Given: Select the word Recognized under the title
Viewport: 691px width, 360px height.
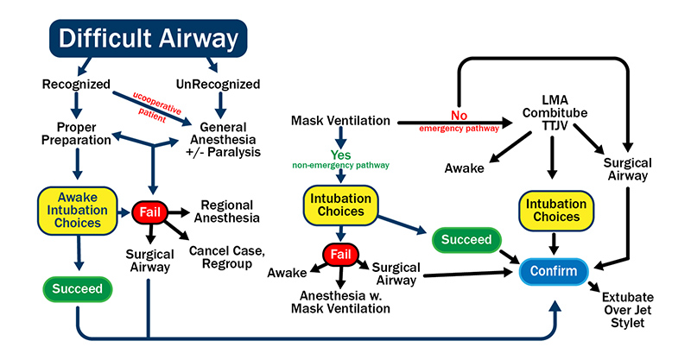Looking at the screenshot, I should tap(76, 85).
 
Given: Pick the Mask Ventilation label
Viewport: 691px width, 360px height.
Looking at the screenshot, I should tap(342, 120).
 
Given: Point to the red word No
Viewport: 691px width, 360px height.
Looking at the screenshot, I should tap(460, 114).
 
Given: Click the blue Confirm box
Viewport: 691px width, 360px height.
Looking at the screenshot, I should tap(554, 272).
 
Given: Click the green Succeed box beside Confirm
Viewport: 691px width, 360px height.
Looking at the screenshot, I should tap(466, 239).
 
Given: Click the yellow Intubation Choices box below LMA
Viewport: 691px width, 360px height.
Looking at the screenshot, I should tap(555, 210).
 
